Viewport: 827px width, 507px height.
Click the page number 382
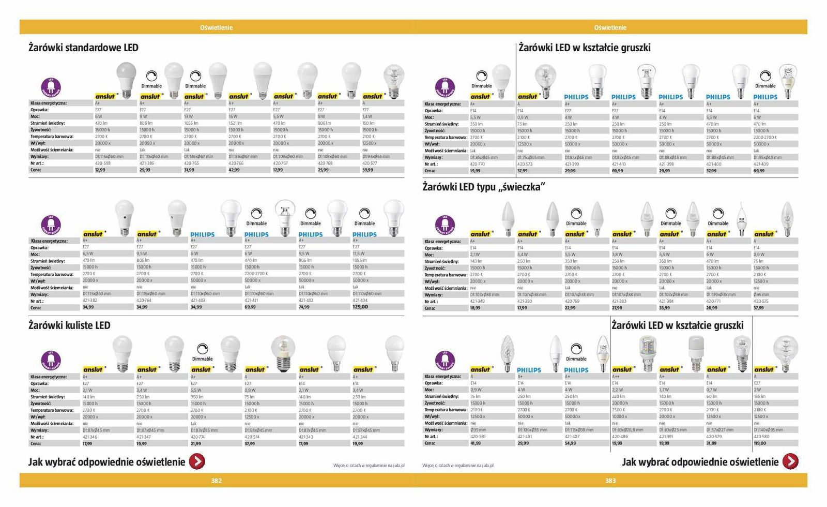click(x=216, y=481)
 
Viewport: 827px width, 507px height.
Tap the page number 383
click(x=610, y=481)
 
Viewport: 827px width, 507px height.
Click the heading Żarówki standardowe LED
click(x=83, y=48)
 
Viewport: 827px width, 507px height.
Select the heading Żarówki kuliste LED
click(x=69, y=325)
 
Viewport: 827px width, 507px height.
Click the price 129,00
click(x=360, y=307)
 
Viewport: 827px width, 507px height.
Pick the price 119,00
click(x=761, y=443)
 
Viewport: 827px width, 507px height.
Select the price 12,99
click(x=100, y=170)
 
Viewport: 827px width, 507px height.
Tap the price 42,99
click(x=234, y=170)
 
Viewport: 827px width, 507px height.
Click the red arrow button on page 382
click(x=197, y=461)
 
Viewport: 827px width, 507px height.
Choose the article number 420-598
click(x=102, y=163)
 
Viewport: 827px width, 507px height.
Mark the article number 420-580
click(x=761, y=437)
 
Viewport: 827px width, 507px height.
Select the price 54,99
click(x=570, y=443)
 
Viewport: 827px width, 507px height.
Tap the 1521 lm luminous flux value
click(x=235, y=123)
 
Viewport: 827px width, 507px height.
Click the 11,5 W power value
click(x=359, y=253)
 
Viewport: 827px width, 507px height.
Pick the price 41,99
click(x=476, y=443)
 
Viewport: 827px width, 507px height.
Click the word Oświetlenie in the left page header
click(x=216, y=27)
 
